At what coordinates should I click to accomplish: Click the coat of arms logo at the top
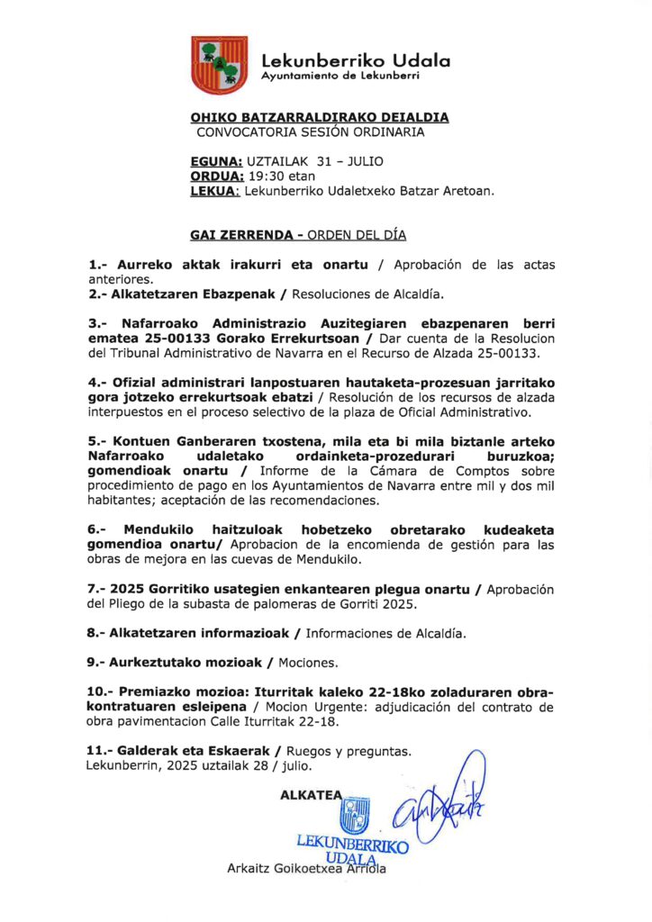pyautogui.click(x=219, y=65)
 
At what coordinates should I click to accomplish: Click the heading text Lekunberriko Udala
pyautogui.click(x=355, y=61)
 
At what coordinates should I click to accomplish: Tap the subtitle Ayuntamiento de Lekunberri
pyautogui.click(x=340, y=77)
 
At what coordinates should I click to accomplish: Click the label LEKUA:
pyautogui.click(x=215, y=191)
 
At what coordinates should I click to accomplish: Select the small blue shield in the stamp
pyautogui.click(x=354, y=816)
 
